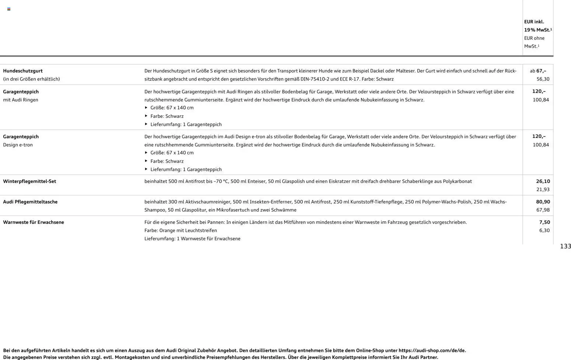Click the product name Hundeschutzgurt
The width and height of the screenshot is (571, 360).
click(x=23, y=71)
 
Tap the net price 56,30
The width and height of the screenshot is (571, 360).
click(x=543, y=79)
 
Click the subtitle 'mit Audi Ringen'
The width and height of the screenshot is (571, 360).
click(x=21, y=100)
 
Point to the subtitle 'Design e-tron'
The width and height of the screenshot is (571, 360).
click(x=18, y=145)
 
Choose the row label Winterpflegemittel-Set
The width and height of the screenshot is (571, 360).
click(x=29, y=181)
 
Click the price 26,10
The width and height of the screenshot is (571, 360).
click(x=543, y=181)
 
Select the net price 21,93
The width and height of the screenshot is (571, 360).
click(x=543, y=190)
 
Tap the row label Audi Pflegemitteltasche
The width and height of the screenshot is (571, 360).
click(x=30, y=202)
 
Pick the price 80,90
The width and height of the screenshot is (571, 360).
click(x=543, y=202)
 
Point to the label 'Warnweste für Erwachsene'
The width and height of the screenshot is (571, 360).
click(x=34, y=222)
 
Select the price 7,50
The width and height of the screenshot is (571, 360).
click(x=544, y=222)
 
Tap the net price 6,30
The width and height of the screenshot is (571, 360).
click(x=544, y=230)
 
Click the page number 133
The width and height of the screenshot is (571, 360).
click(x=565, y=246)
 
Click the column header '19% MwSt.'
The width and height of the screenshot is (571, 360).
click(x=537, y=30)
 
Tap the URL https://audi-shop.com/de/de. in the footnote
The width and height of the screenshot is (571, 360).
click(x=432, y=350)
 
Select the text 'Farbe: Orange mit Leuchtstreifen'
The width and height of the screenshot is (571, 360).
click(x=181, y=230)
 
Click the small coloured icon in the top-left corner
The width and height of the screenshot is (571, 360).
click(x=9, y=9)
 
